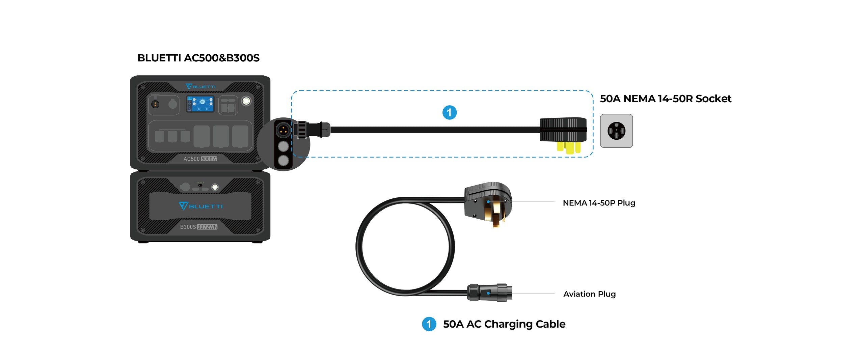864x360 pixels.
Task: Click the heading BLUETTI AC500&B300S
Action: point(198,58)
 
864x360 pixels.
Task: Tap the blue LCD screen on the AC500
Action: point(200,104)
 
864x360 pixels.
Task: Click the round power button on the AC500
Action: point(246,101)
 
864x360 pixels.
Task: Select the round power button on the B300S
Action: point(215,187)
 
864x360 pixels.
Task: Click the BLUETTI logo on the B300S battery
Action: point(200,206)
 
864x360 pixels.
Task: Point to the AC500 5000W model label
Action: point(200,159)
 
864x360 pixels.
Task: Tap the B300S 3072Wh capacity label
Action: point(198,227)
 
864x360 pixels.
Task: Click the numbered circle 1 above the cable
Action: point(449,113)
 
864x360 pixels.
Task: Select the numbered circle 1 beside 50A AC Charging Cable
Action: point(429,324)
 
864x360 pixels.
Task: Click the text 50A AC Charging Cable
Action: point(504,324)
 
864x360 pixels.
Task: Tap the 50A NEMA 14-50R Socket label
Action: point(665,99)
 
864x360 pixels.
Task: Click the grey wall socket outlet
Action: point(616,131)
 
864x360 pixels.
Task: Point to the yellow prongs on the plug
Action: point(569,147)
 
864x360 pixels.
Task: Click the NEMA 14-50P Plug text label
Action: point(599,203)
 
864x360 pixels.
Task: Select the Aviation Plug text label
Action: point(589,294)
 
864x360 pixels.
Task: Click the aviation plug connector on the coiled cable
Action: point(489,293)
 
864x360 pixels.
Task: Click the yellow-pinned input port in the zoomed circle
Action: point(283,130)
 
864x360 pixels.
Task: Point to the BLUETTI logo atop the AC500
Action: point(200,87)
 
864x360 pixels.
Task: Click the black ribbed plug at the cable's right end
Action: point(563,130)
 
